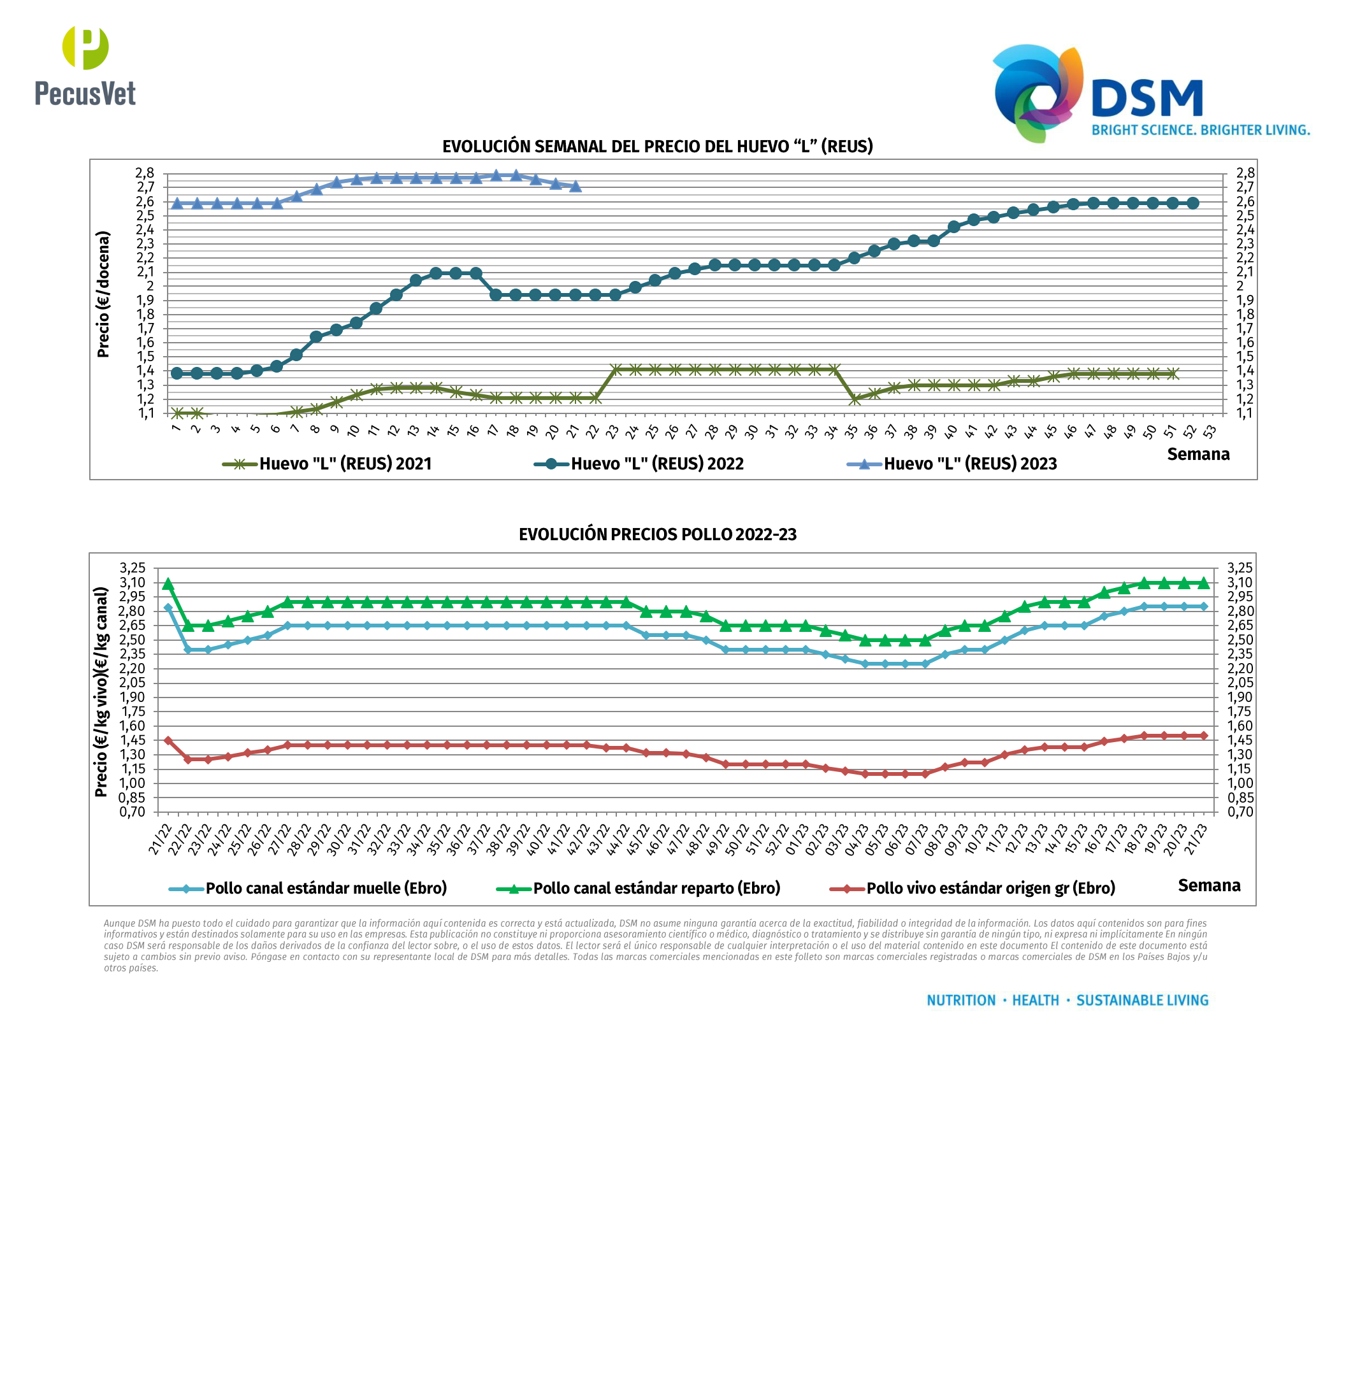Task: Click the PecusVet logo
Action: pos(85,67)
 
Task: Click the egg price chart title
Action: pos(658,147)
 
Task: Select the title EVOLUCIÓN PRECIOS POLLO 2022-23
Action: pos(658,534)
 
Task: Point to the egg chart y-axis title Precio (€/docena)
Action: pos(103,294)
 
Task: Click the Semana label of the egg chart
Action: pos(1198,454)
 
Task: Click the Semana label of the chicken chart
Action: pos(1209,885)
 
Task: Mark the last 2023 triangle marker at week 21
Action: pos(575,187)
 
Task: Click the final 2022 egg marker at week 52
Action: pos(1192,203)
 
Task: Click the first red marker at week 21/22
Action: pos(168,741)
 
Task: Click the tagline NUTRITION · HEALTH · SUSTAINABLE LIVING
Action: pos(1067,1000)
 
